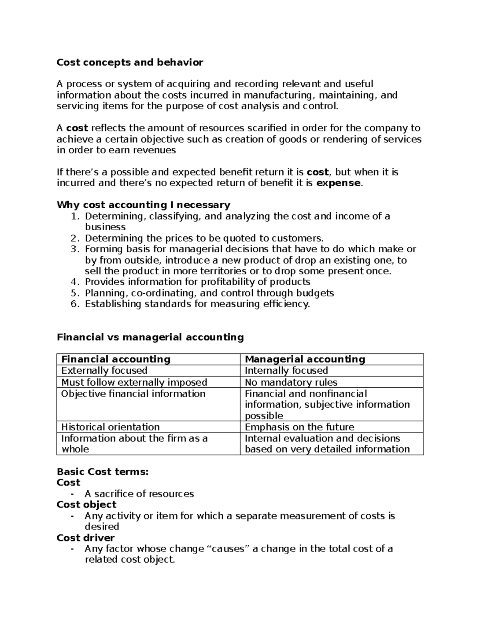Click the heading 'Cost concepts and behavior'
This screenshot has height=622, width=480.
point(130,62)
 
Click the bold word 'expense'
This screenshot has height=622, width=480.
point(338,183)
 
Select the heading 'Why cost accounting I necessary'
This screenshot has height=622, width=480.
point(143,205)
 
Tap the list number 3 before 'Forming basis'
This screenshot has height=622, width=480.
point(74,249)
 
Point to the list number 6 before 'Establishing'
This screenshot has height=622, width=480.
point(74,304)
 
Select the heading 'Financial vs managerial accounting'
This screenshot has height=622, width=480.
point(150,337)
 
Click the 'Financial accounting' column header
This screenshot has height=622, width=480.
point(116,359)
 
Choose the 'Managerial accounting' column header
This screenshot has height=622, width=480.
point(305,359)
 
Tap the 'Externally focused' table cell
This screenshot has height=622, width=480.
point(104,370)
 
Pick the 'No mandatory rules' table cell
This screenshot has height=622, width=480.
point(291,382)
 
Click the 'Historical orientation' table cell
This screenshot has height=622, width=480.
point(110,427)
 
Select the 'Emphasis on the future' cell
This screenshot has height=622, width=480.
point(299,427)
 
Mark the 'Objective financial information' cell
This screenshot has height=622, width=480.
point(133,394)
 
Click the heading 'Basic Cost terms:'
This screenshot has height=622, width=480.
point(102,472)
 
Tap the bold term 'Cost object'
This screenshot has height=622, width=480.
point(86,505)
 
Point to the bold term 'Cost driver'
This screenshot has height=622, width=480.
point(86,538)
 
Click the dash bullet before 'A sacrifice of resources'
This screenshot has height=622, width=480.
point(72,494)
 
